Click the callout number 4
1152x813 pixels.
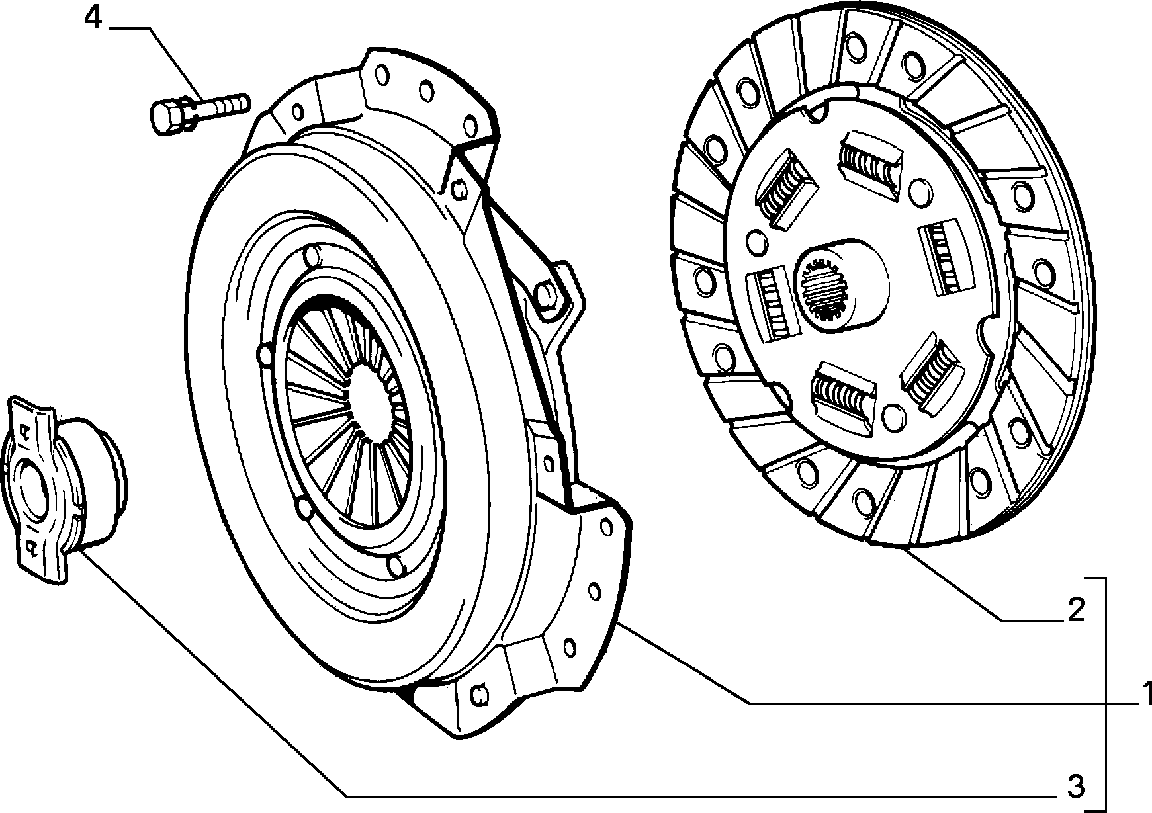click(93, 18)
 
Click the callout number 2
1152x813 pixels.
click(1077, 609)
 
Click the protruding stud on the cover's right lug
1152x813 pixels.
click(549, 294)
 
